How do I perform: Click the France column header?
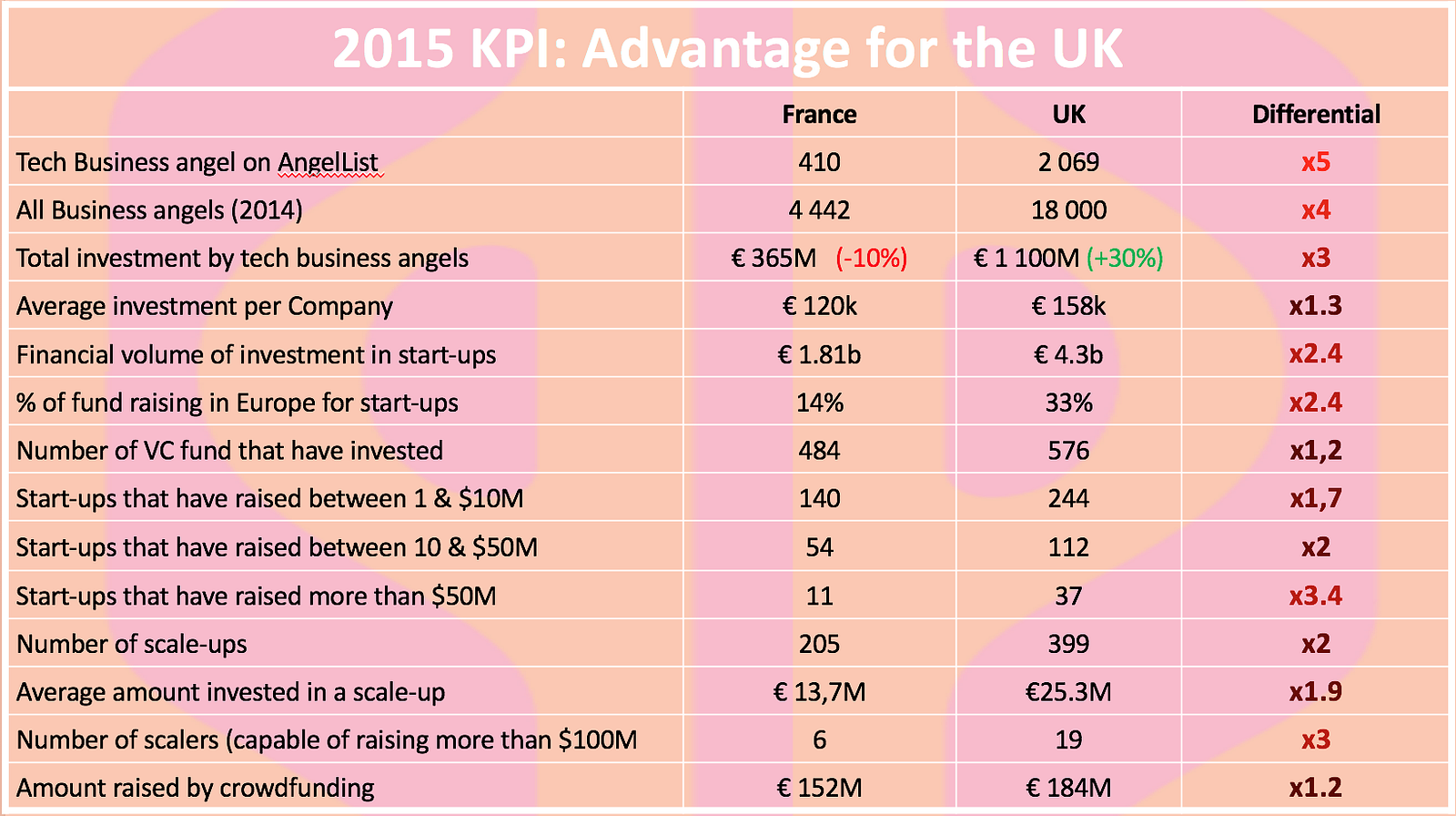(x=819, y=115)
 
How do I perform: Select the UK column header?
(x=1068, y=115)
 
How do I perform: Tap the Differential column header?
(x=1316, y=115)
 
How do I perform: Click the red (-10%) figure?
(x=871, y=259)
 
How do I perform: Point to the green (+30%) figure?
(x=1125, y=259)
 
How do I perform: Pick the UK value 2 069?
(x=1068, y=163)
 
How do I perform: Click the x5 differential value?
(x=1316, y=163)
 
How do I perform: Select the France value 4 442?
(x=819, y=210)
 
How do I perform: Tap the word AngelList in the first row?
(x=328, y=163)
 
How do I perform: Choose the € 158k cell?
(x=1068, y=307)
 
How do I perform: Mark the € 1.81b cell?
(x=819, y=355)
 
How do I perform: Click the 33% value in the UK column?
(x=1068, y=403)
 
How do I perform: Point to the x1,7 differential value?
(x=1316, y=499)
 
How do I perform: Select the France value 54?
(x=819, y=547)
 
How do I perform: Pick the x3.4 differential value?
(x=1316, y=597)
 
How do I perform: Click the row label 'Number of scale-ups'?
(x=132, y=645)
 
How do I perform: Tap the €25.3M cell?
(x=1068, y=693)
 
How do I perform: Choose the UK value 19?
(x=1068, y=740)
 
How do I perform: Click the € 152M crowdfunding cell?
(x=819, y=789)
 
